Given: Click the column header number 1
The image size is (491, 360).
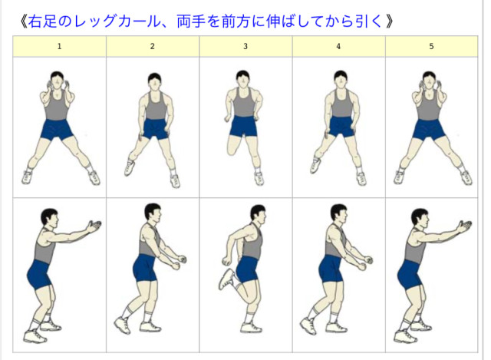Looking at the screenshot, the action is pyautogui.click(x=59, y=46).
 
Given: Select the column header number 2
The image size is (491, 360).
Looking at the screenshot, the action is pyautogui.click(x=152, y=46).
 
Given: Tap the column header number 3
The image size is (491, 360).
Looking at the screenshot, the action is pyautogui.click(x=245, y=46).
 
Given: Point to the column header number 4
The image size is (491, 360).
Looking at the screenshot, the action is pyautogui.click(x=338, y=46).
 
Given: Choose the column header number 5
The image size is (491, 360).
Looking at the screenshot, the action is pyautogui.click(x=431, y=46).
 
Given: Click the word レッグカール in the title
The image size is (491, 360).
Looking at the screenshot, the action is pyautogui.click(x=117, y=21).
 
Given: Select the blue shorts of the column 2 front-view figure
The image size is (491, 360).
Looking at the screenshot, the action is pyautogui.click(x=155, y=128).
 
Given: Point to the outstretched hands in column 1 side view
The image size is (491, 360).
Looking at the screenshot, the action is pyautogui.click(x=94, y=226).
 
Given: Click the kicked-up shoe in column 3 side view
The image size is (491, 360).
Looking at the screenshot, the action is pyautogui.click(x=226, y=279).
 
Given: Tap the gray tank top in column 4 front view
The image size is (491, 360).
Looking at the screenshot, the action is pyautogui.click(x=341, y=104).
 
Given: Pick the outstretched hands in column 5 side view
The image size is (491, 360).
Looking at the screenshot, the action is pyautogui.click(x=463, y=226).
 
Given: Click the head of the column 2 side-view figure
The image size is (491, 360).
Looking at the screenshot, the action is pyautogui.click(x=153, y=213).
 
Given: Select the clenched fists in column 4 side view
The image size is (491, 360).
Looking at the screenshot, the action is pyautogui.click(x=366, y=263).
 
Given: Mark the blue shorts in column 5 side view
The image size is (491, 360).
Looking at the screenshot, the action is pyautogui.click(x=410, y=275).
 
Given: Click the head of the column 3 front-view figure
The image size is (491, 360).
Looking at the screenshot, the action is pyautogui.click(x=242, y=78).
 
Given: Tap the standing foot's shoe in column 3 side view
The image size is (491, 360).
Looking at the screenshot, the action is pyautogui.click(x=251, y=328).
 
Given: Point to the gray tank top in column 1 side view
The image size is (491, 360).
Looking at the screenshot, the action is pyautogui.click(x=44, y=245).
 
